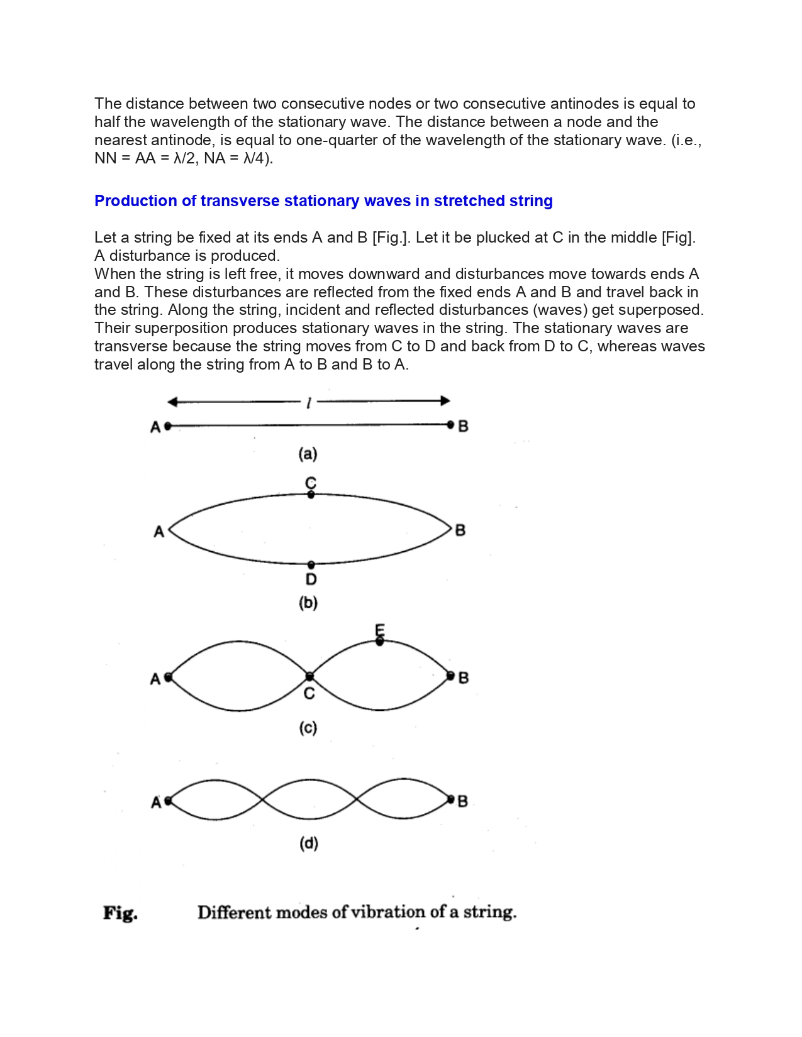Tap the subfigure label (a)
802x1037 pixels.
[308, 454]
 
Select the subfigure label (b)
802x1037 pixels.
[308, 603]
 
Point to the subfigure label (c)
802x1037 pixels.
[308, 728]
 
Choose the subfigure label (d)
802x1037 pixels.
[308, 843]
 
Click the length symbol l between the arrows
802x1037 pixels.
[308, 403]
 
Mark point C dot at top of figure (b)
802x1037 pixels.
[311, 495]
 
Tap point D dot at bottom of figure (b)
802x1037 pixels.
[311, 565]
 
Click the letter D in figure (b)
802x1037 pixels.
[311, 579]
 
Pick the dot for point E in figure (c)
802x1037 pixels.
[379, 642]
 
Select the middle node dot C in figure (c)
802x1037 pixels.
[309, 677]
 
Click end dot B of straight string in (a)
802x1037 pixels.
[450, 425]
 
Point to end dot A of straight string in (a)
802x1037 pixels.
[167, 426]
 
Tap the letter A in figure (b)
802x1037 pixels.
[159, 532]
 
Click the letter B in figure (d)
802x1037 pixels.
[463, 801]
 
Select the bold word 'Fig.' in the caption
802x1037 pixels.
[120, 913]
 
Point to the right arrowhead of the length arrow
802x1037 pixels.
[445, 401]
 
